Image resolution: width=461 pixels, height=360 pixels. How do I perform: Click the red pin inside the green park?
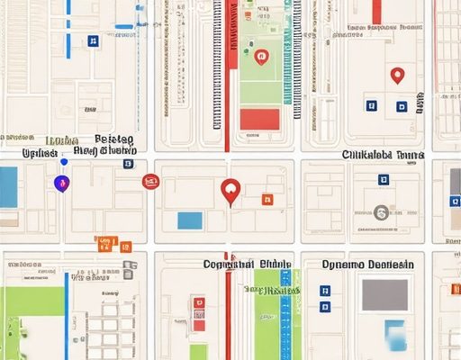[262, 58]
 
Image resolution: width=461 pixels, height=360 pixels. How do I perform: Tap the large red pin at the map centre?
[230, 191]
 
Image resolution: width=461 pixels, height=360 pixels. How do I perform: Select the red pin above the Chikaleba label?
[397, 76]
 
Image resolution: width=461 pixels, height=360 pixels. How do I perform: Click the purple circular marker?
[60, 184]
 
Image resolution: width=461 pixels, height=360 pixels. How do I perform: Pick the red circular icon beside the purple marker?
[150, 182]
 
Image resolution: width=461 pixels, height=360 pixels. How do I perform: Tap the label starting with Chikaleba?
[383, 155]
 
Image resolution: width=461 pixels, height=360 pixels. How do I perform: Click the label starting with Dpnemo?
[368, 265]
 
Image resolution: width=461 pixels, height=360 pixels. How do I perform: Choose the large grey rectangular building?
[384, 293]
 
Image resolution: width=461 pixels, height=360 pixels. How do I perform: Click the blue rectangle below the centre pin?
[190, 220]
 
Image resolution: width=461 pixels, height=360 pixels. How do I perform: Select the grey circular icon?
[381, 213]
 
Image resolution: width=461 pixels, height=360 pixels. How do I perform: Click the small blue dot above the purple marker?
[64, 162]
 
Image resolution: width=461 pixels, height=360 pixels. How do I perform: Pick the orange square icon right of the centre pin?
[266, 199]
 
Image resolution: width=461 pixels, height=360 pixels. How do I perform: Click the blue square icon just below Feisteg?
[129, 164]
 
